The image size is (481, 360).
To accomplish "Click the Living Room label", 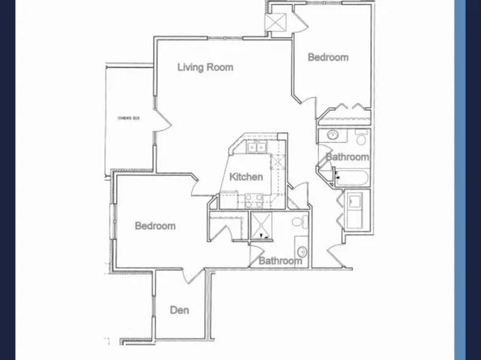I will [205, 67].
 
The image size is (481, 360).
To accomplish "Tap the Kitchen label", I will [246, 177].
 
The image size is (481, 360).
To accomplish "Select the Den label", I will [179, 310].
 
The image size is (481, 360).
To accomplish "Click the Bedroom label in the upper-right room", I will [328, 57].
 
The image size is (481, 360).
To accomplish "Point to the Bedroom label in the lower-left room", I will [155, 226].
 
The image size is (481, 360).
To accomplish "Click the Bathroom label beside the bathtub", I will [348, 157].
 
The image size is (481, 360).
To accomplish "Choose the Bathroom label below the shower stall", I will [280, 261].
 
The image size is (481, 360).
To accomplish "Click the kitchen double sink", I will [257, 147].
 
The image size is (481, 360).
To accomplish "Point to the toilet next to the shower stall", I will [296, 221].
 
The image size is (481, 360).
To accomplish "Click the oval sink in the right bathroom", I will [333, 135].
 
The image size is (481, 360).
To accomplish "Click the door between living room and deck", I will [163, 120].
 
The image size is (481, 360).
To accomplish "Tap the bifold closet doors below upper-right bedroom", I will [345, 109].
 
